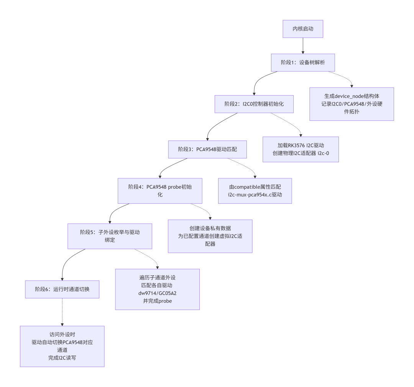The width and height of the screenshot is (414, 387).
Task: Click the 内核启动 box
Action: [303, 29]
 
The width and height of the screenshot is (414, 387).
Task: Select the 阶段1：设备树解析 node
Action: [303, 63]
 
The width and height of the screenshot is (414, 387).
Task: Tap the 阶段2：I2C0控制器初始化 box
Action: [254, 104]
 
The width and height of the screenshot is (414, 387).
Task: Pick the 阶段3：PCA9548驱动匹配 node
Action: [207, 150]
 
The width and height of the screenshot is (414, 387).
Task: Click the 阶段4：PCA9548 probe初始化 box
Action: [160, 191]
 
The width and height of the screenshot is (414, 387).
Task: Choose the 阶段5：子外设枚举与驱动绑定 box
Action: [110, 236]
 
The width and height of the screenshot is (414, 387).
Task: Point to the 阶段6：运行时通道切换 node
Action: [62, 289]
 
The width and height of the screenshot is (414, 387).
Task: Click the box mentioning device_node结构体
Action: [352, 104]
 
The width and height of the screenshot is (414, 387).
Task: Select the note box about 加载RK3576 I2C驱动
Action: [301, 149]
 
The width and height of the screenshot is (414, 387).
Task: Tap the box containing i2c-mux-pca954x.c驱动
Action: [255, 191]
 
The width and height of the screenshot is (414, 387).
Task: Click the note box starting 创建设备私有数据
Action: [210, 236]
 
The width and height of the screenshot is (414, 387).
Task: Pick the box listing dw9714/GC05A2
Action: [158, 289]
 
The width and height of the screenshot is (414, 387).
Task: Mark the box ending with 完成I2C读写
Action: [62, 346]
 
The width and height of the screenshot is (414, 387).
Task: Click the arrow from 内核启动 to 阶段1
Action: [303, 46]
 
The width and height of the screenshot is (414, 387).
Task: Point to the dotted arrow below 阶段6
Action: [62, 312]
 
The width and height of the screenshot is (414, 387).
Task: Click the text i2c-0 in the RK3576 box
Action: [324, 153]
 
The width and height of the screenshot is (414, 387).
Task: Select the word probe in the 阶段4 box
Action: [174, 187]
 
